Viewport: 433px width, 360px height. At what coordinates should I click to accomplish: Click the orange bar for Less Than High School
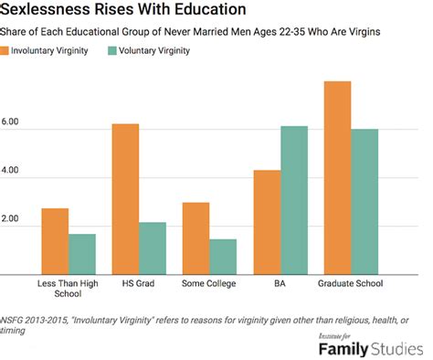(55, 241)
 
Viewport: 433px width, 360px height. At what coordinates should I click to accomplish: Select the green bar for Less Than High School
(82, 254)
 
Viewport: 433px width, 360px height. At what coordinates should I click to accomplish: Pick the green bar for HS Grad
(153, 248)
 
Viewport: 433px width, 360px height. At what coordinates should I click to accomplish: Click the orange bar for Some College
(195, 238)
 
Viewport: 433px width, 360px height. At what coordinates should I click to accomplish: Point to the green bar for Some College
(223, 257)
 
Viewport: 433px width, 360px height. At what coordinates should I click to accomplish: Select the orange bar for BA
(267, 222)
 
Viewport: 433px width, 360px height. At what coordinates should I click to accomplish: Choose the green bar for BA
(294, 200)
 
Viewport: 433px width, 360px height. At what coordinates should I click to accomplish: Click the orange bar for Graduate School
(338, 178)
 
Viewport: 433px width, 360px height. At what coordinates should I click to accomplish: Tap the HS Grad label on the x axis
(139, 283)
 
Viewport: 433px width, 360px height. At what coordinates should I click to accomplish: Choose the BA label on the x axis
(280, 283)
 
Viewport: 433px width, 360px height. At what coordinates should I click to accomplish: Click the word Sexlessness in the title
(48, 12)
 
